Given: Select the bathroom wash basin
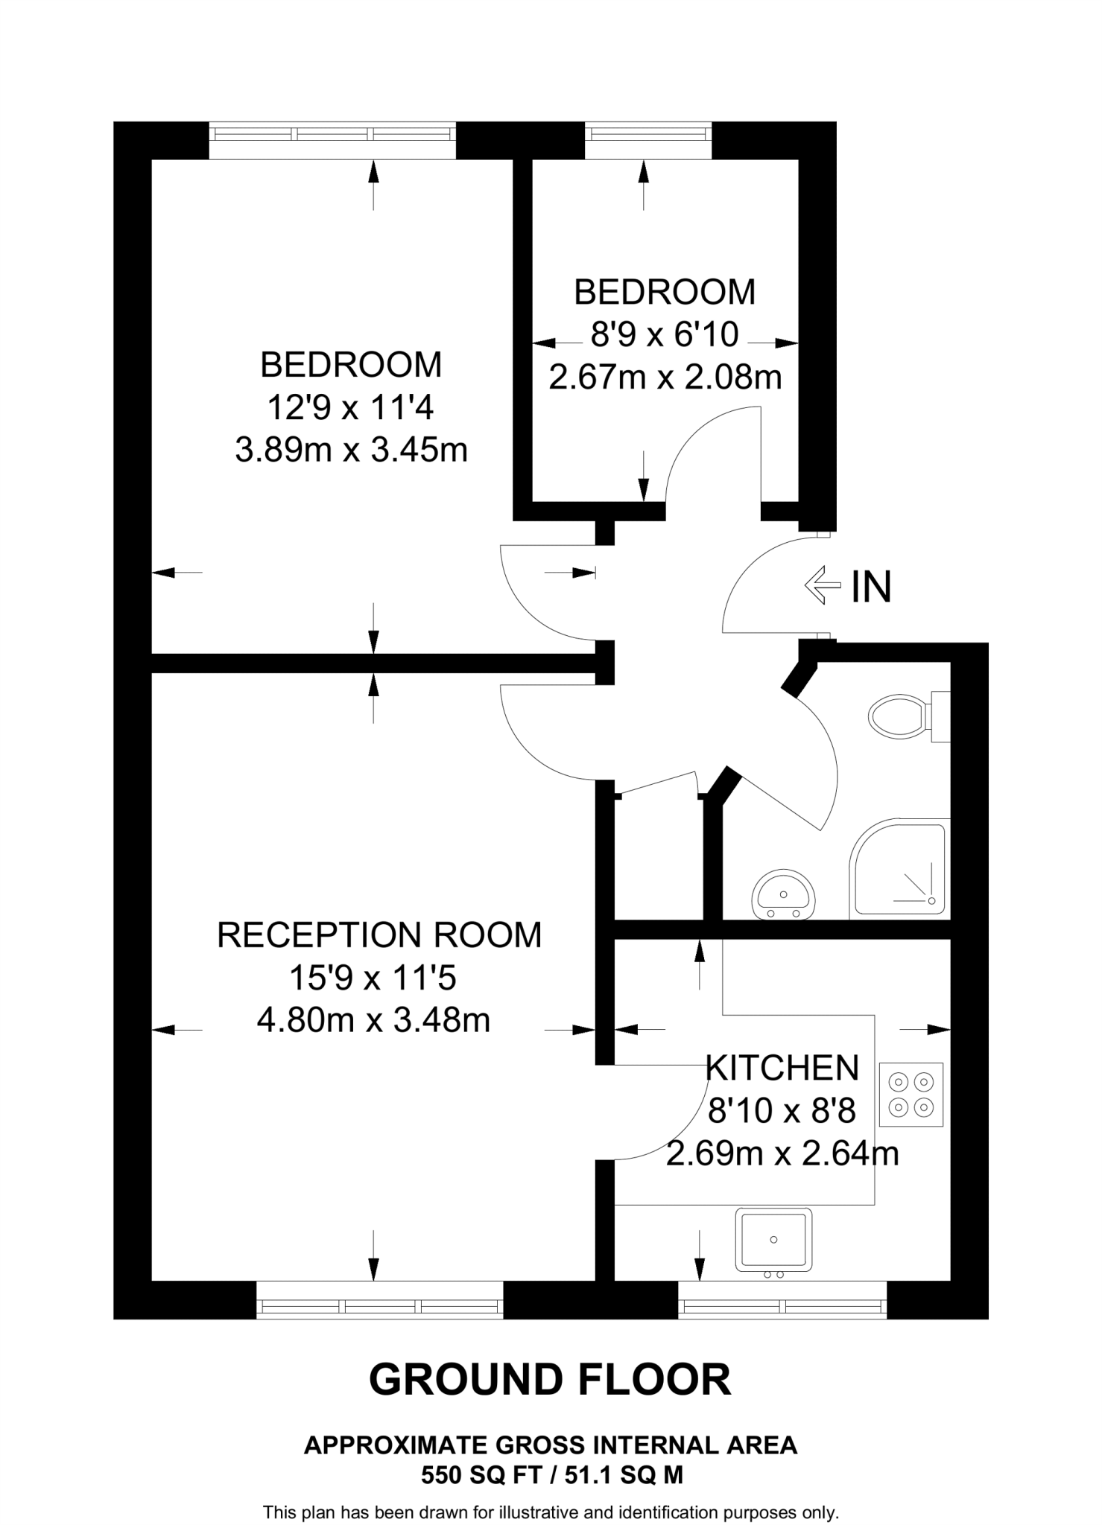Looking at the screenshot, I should pos(783,894).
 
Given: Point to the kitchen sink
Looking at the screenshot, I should pos(773,1239).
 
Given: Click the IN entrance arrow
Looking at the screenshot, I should pos(822,585).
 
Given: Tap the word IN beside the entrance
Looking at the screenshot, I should pos(871,587).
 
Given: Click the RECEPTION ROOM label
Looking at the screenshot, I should pos(379,935).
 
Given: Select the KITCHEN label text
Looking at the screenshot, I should pos(782,1069).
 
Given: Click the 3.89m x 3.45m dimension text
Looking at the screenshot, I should pos(351,451).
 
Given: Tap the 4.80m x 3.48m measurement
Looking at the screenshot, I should pos(373,1020).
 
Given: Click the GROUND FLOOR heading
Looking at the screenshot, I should pos(550,1380).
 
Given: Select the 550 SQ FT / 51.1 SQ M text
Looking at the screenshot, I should pos(551,1474).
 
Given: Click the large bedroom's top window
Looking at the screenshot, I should pos(332,134).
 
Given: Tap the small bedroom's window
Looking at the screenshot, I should pos(647,134).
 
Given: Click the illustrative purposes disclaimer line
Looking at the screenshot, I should pos(551,1512).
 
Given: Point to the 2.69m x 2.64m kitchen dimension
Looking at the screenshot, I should pos(782,1154).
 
